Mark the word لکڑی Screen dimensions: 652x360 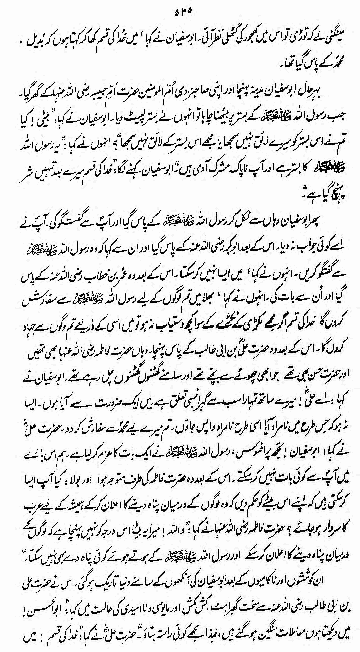(234, 273)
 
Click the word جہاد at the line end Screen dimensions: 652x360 (20, 273)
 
